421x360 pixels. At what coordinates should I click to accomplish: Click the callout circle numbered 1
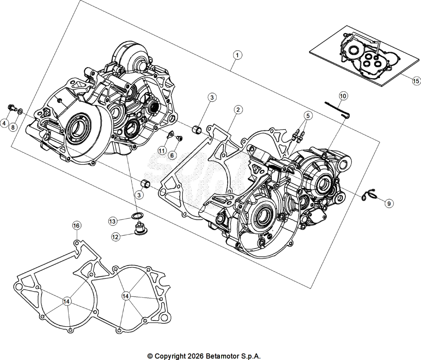[x=237, y=55]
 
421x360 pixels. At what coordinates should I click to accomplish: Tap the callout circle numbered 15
[x=416, y=81]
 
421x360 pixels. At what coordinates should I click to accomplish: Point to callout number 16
[x=76, y=225]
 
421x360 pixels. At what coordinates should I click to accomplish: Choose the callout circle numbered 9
[x=389, y=203]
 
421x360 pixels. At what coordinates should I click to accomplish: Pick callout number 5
[x=308, y=116]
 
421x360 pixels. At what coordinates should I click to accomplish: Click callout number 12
[x=116, y=237]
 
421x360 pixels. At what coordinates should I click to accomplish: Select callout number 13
[x=113, y=221]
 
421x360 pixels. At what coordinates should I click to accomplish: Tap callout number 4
[x=4, y=123]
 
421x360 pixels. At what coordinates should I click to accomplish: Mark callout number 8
[x=13, y=127]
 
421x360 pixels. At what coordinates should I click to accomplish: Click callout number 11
[x=161, y=151]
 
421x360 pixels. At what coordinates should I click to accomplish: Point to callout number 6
[x=172, y=155]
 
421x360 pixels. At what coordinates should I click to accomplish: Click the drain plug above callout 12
[x=139, y=229]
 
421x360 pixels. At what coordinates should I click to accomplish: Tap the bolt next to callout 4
[x=12, y=108]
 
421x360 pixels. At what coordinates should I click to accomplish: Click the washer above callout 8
[x=21, y=111]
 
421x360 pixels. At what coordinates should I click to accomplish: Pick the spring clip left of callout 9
[x=368, y=195]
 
